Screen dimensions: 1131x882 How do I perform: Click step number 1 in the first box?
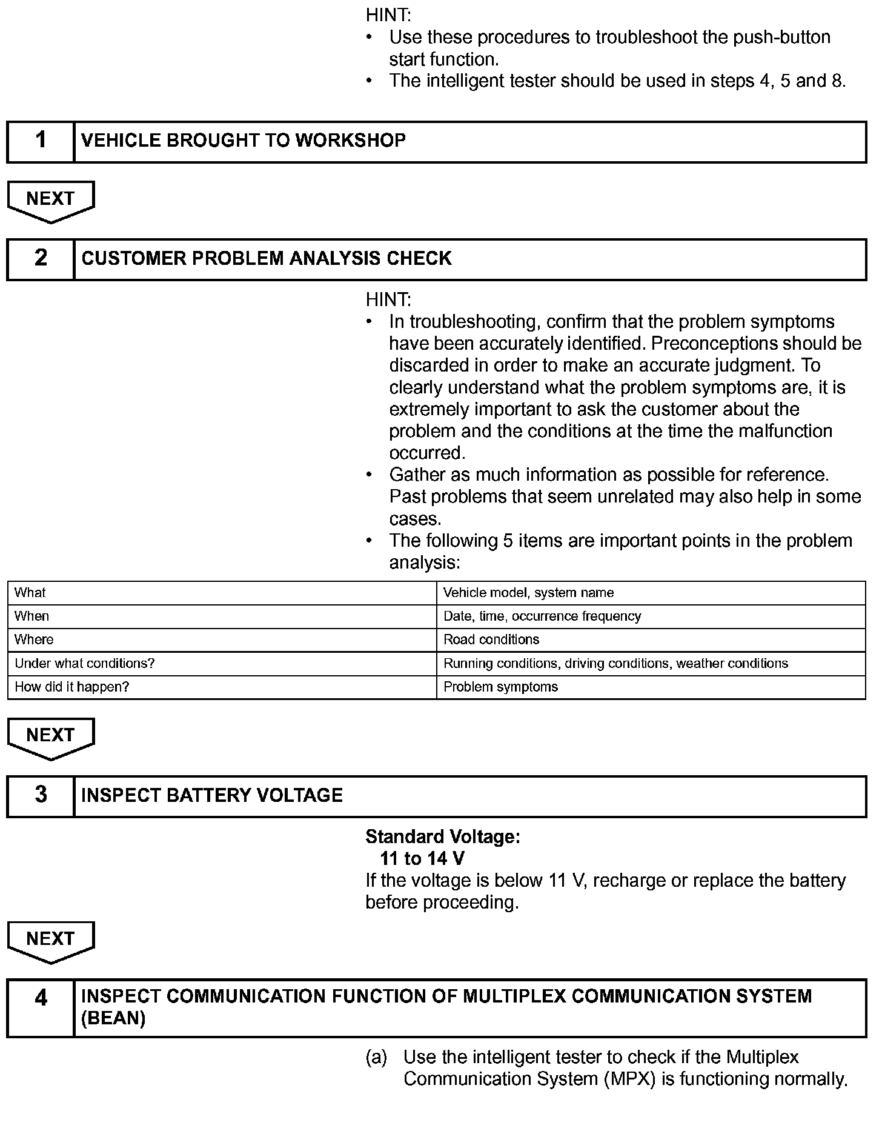(41, 141)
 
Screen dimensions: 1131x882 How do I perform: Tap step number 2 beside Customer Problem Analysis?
(41, 258)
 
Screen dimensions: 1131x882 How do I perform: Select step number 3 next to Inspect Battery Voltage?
(41, 795)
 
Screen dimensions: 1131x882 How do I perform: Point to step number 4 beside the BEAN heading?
(41, 998)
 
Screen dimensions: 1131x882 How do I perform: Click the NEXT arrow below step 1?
(51, 199)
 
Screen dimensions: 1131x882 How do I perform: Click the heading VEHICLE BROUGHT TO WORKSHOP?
(244, 141)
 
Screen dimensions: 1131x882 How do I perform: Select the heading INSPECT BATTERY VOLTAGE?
(212, 795)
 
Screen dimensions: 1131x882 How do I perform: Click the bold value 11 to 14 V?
(422, 859)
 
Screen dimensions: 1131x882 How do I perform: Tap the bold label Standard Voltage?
(443, 837)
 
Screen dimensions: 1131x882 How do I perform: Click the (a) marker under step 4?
(376, 1058)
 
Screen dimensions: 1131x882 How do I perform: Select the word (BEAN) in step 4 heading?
(113, 1019)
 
